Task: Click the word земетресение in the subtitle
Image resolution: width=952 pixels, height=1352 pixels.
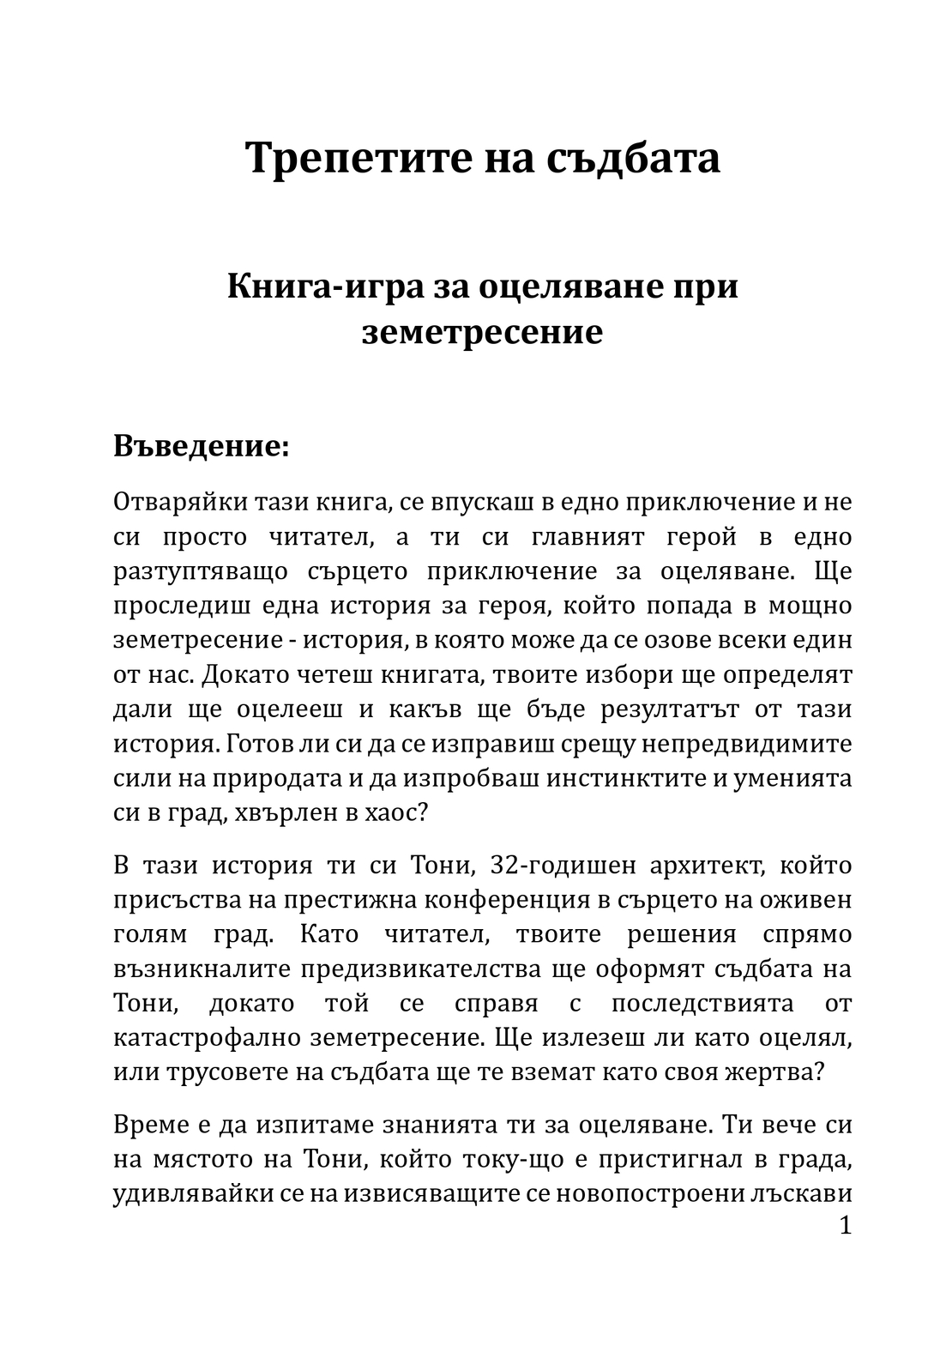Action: point(482,332)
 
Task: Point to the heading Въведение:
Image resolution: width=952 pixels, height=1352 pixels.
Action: point(201,446)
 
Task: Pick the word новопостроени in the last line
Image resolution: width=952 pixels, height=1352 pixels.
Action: point(652,1194)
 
